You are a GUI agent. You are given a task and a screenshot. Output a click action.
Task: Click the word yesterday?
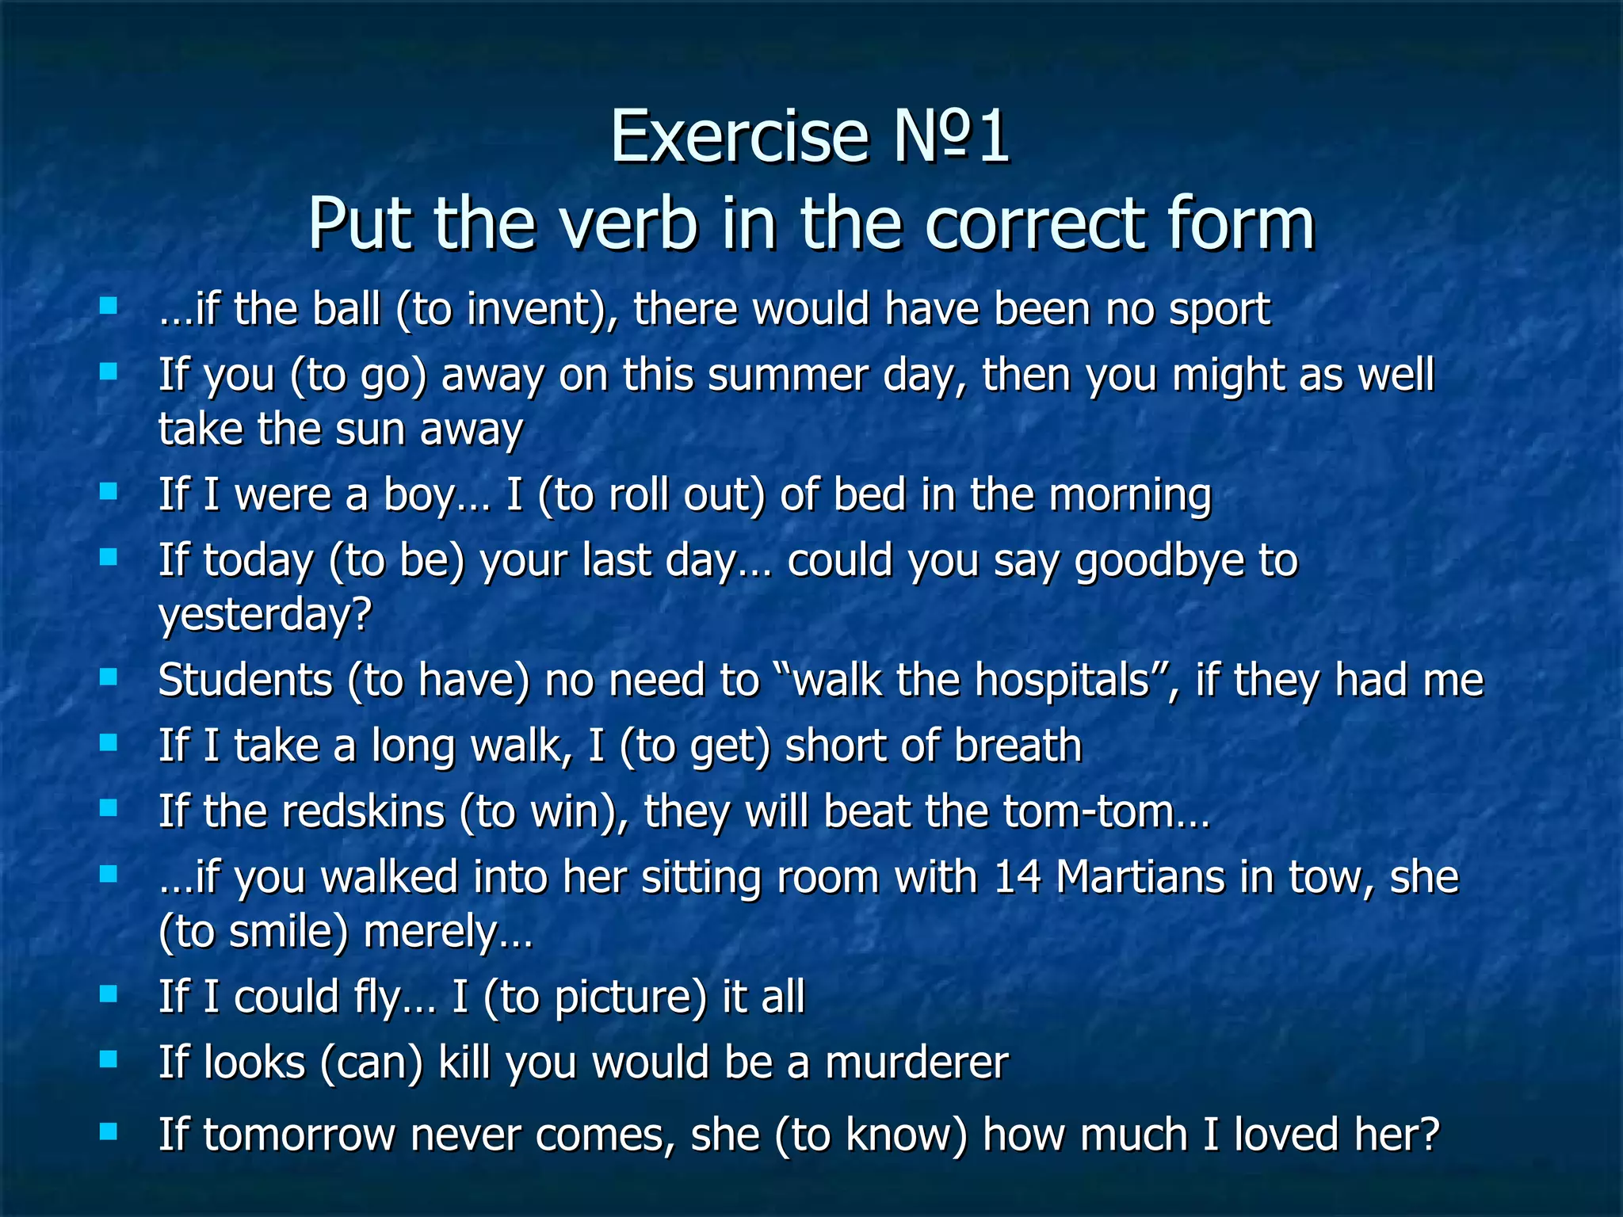click(265, 615)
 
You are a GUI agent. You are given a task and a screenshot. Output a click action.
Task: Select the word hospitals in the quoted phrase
click(1061, 680)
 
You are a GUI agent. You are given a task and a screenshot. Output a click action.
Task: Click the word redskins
click(362, 811)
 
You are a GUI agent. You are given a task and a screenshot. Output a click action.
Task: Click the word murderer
click(916, 1062)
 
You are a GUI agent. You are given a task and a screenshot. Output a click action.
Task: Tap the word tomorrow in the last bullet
click(299, 1134)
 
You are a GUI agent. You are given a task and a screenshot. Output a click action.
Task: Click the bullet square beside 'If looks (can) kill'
click(109, 1059)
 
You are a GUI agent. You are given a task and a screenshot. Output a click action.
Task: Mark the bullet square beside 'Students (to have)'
click(109, 677)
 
